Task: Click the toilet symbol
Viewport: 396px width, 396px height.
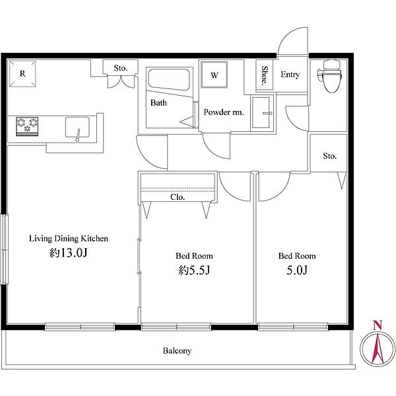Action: coord(330,76)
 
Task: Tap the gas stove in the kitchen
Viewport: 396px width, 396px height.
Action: coord(27,126)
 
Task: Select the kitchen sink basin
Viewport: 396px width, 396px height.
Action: coord(77,127)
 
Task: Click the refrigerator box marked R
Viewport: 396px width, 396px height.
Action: coord(22,73)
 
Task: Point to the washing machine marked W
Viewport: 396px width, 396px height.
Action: coord(214,75)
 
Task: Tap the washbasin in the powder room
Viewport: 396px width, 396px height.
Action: coord(262,112)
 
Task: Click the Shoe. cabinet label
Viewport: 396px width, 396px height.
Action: coord(265,75)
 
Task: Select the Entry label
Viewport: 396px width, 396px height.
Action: coord(290,75)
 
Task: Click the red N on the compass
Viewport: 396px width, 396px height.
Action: coord(378,325)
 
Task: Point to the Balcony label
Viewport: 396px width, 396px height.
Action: coord(177,351)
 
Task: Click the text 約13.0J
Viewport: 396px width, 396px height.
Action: coord(69,253)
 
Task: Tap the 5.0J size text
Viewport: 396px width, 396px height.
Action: coord(297,271)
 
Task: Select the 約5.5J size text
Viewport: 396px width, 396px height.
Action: coord(194,271)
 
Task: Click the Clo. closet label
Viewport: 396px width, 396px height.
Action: coord(178,197)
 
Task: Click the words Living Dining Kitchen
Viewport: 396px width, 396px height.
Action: coord(69,238)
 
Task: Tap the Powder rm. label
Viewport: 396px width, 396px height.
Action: coord(224,112)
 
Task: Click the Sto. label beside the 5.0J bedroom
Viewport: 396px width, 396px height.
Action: coord(329,156)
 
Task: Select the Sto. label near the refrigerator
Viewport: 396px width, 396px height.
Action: coord(121,68)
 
